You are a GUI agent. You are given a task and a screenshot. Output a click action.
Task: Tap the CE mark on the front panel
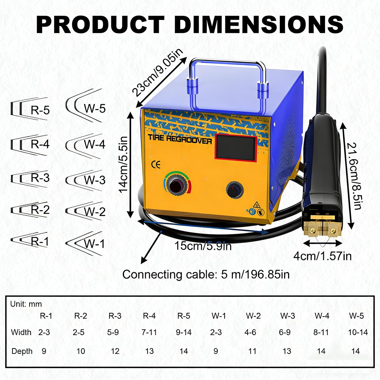point(156,165)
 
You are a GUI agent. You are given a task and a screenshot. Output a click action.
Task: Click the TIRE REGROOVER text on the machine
point(180,139)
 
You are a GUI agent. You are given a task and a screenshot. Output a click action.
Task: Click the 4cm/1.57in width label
point(322,256)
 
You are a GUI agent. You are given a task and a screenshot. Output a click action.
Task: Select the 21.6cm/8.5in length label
point(354,176)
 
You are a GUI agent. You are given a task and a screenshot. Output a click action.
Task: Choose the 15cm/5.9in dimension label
point(203,246)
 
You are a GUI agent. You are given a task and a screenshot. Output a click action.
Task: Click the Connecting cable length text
point(206,274)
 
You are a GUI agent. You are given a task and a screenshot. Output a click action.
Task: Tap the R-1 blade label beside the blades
point(40,242)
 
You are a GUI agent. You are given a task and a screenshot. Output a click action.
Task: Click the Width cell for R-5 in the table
point(184,332)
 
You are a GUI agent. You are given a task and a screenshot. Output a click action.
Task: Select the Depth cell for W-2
point(252,351)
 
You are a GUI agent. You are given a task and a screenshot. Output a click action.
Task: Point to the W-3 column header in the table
point(288,316)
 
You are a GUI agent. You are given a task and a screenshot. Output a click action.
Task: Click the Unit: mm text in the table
point(26,304)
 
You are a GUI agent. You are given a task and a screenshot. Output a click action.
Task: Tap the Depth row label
point(22,351)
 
